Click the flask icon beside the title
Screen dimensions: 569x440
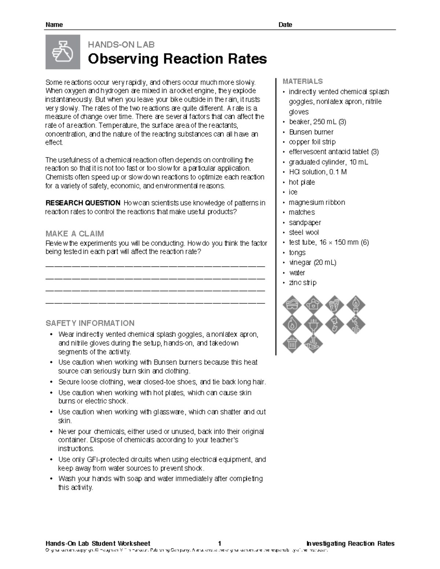click(63, 52)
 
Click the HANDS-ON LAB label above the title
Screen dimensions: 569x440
click(121, 45)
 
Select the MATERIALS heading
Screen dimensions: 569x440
click(302, 81)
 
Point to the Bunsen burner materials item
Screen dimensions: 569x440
click(311, 132)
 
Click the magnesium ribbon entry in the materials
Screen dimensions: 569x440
click(316, 202)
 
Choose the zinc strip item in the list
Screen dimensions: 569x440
click(302, 282)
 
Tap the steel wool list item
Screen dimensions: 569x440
click(304, 232)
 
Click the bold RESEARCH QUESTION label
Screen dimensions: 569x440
click(83, 203)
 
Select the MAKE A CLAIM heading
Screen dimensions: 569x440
click(74, 234)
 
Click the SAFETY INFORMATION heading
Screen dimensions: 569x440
click(90, 323)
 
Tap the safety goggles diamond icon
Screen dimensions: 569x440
click(292, 304)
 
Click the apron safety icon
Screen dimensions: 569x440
click(313, 304)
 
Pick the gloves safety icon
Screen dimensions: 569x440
click(334, 304)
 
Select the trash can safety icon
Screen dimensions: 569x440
click(292, 344)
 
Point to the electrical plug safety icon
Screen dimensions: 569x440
click(313, 324)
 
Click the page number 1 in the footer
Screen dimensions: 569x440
click(219, 543)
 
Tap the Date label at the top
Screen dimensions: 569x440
click(285, 25)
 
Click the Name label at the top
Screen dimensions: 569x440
click(54, 25)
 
